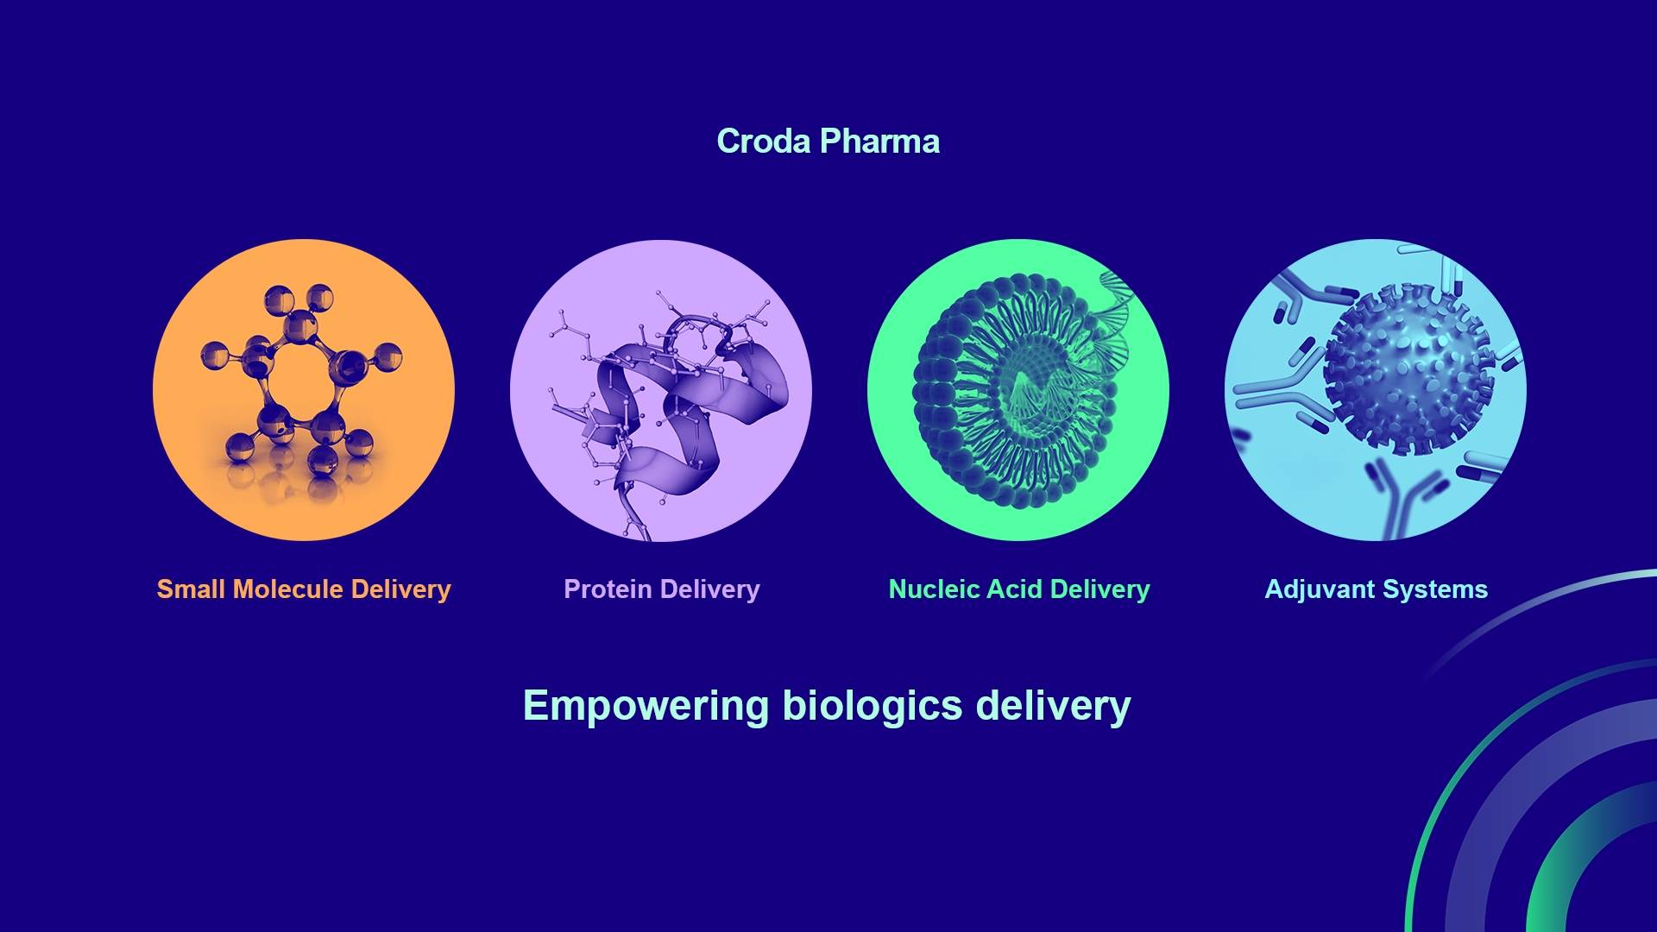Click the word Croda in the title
[x=763, y=142]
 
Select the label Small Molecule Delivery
[x=303, y=589]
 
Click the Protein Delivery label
[x=661, y=589]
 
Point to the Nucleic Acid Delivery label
[x=1018, y=589]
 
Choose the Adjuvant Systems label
[x=1376, y=589]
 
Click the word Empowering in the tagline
[x=646, y=706]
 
